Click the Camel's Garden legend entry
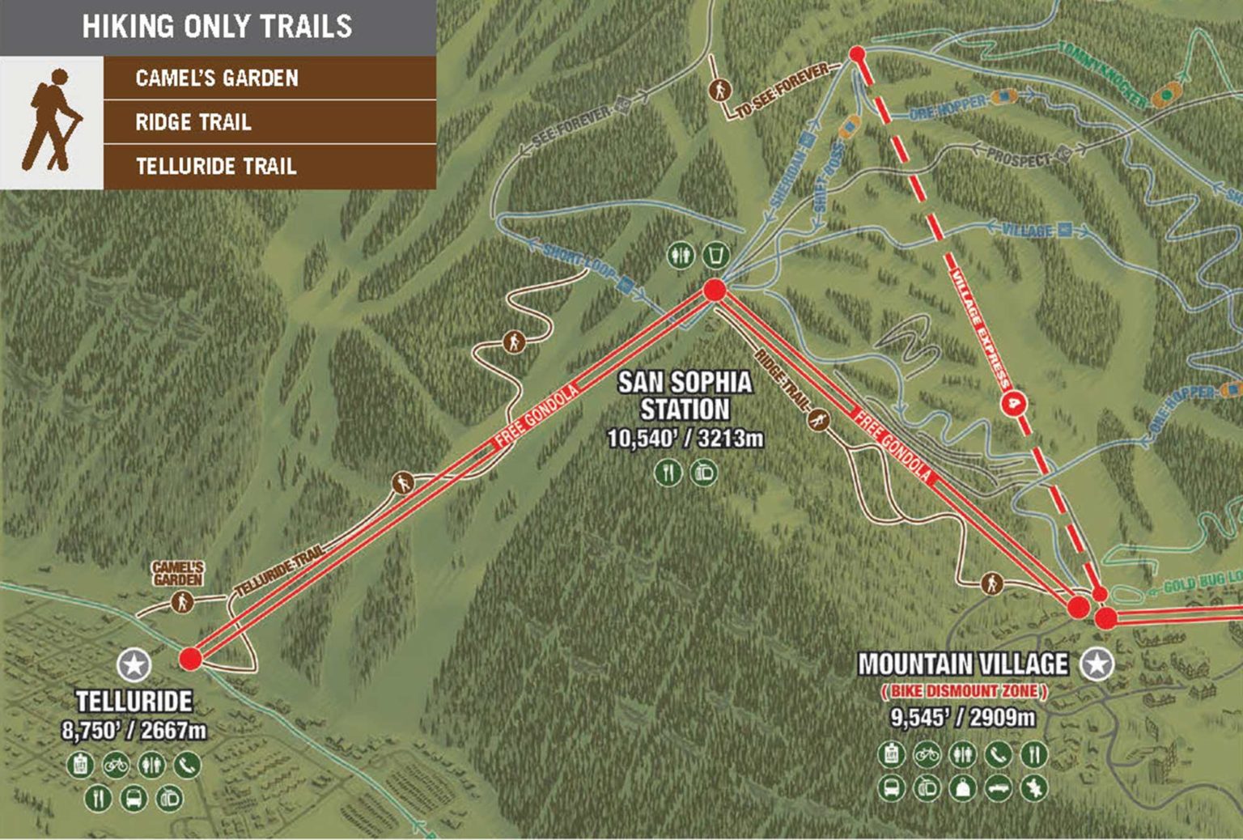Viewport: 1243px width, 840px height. [x=217, y=78]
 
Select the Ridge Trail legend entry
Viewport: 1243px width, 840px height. [x=193, y=122]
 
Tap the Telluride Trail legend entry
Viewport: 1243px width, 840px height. [x=216, y=166]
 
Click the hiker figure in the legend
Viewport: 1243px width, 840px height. [x=52, y=121]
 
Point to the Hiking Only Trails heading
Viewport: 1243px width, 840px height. [x=217, y=27]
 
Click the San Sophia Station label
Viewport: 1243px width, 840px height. [x=685, y=396]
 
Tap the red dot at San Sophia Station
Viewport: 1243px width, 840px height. [x=715, y=290]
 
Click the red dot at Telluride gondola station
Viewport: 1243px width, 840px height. [x=190, y=658]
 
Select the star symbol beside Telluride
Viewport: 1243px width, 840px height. [x=134, y=665]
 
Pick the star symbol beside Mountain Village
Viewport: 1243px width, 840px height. [x=1097, y=664]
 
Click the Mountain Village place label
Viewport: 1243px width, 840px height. [x=963, y=664]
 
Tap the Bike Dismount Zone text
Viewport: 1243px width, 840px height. [x=964, y=691]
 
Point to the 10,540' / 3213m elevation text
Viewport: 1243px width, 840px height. [x=685, y=439]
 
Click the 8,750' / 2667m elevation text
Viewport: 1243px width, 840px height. [x=134, y=731]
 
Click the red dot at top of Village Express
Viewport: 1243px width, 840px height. [x=857, y=54]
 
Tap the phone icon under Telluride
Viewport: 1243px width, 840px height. [x=188, y=764]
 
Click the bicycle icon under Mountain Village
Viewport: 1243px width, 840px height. [x=927, y=754]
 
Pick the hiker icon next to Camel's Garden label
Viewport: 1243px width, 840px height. [x=182, y=602]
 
